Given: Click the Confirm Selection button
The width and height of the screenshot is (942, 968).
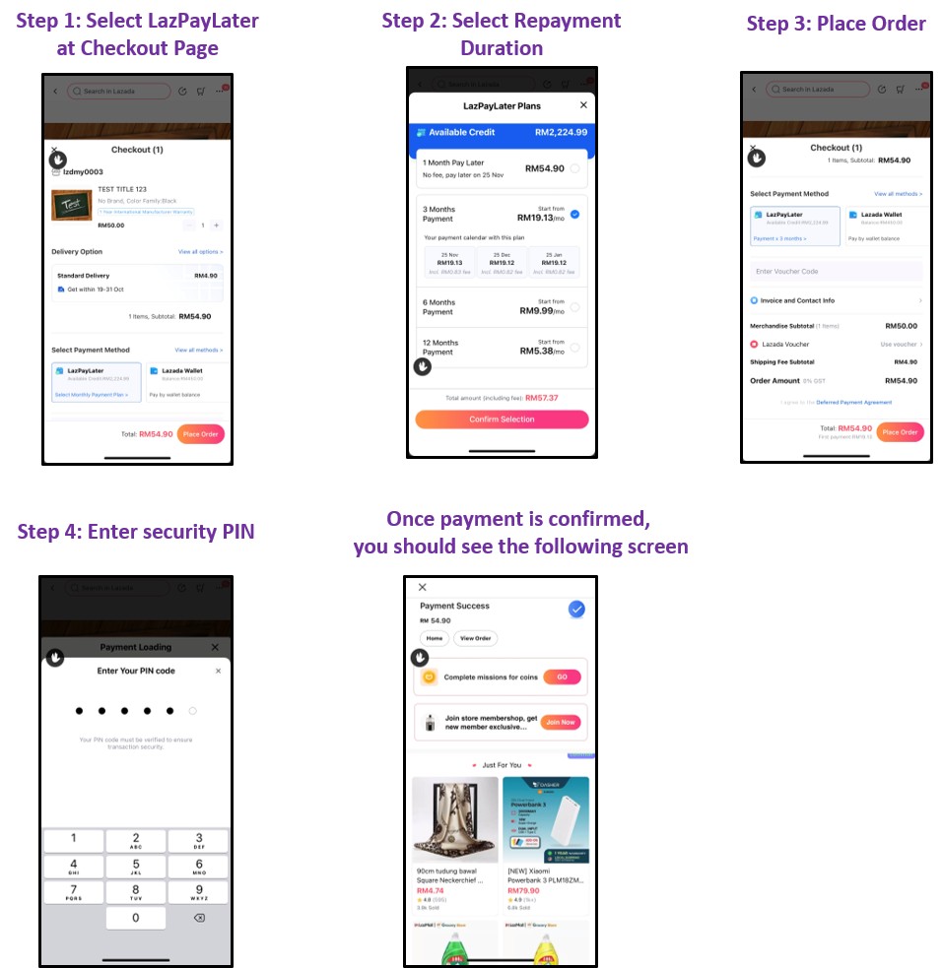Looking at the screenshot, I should pos(502,419).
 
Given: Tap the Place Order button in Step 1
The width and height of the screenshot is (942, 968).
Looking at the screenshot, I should pos(201,434).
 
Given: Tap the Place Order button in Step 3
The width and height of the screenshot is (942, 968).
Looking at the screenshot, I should pos(900,432).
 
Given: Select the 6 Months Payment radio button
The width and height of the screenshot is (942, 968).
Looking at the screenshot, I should pos(574,307).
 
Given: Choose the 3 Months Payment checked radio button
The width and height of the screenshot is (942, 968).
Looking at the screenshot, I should pos(574,213).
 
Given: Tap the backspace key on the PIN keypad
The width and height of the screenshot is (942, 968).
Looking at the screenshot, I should pos(198,918).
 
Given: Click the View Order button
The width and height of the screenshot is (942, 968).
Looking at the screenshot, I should pos(475,638).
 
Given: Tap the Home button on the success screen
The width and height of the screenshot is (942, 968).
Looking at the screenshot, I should pos(434,638).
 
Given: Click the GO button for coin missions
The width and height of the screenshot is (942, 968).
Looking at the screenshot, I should pos(562,678).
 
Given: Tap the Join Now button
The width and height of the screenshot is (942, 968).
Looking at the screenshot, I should pos(561,722).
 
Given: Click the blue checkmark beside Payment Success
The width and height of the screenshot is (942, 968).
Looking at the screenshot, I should pos(576,610).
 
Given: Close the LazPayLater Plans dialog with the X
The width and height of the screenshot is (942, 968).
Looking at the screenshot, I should pos(583,105).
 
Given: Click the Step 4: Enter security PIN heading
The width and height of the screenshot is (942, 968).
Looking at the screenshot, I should pos(136,532).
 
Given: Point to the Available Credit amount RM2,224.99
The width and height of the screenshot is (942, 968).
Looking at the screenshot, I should pos(561,133).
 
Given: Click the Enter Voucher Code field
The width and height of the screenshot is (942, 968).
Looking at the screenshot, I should pos(836,271).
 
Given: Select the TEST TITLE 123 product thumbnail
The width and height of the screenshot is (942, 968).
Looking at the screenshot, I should pos(70,207).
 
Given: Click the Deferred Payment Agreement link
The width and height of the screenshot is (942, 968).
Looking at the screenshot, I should pos(853,402).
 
